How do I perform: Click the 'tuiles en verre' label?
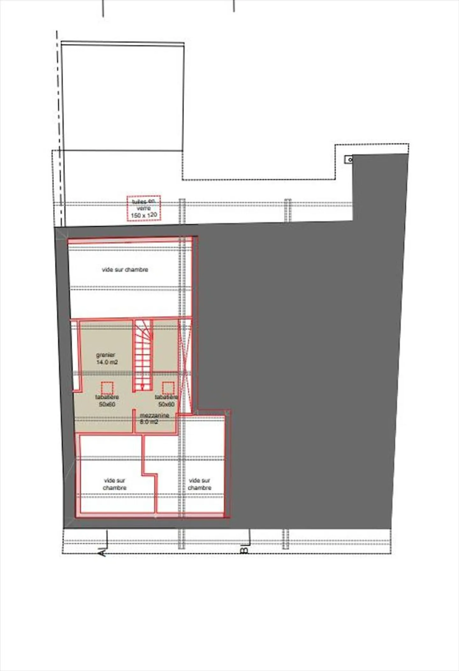[143, 205]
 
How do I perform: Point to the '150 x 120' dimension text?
[144, 215]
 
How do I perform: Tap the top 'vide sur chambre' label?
[125, 269]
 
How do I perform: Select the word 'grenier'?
[106, 355]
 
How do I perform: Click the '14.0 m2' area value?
[107, 362]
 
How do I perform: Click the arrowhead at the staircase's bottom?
[142, 387]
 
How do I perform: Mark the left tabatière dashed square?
[107, 388]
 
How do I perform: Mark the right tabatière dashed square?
[168, 388]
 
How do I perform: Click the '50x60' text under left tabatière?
[107, 404]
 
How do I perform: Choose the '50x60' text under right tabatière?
[166, 404]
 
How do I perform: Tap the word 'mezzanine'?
[155, 416]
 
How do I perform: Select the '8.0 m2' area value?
[149, 422]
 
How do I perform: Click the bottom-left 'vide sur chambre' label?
[115, 484]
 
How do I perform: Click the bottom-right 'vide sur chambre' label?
[200, 484]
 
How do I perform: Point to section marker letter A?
[103, 552]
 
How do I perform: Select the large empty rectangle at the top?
[123, 97]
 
